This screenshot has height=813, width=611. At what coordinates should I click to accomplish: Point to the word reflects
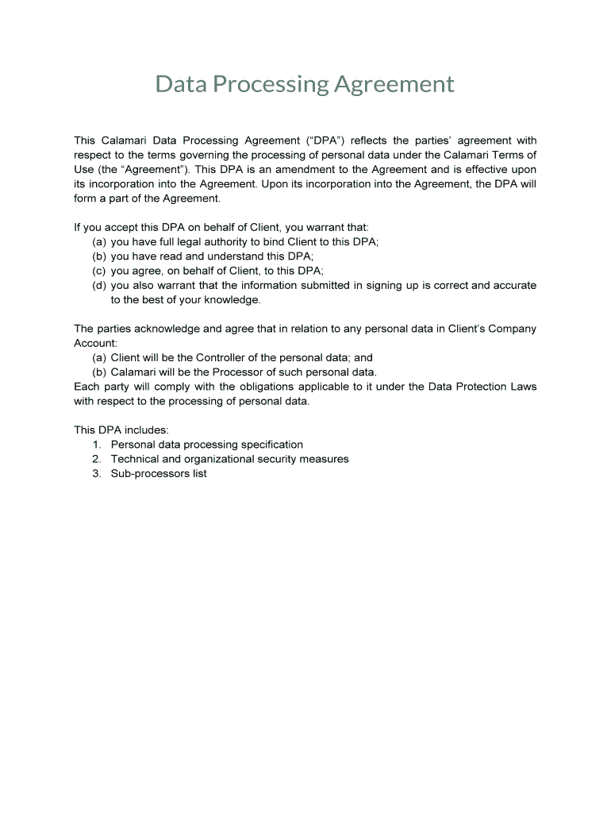374,141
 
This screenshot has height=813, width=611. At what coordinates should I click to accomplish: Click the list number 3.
96,474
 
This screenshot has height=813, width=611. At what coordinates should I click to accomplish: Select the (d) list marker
99,286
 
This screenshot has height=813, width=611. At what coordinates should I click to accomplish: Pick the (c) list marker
99,271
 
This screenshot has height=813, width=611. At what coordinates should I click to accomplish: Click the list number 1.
96,445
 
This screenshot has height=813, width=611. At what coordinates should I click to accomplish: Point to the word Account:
95,343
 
